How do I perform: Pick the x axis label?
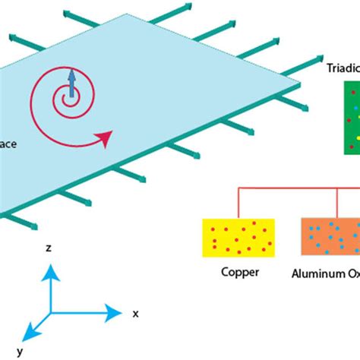[135, 312]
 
